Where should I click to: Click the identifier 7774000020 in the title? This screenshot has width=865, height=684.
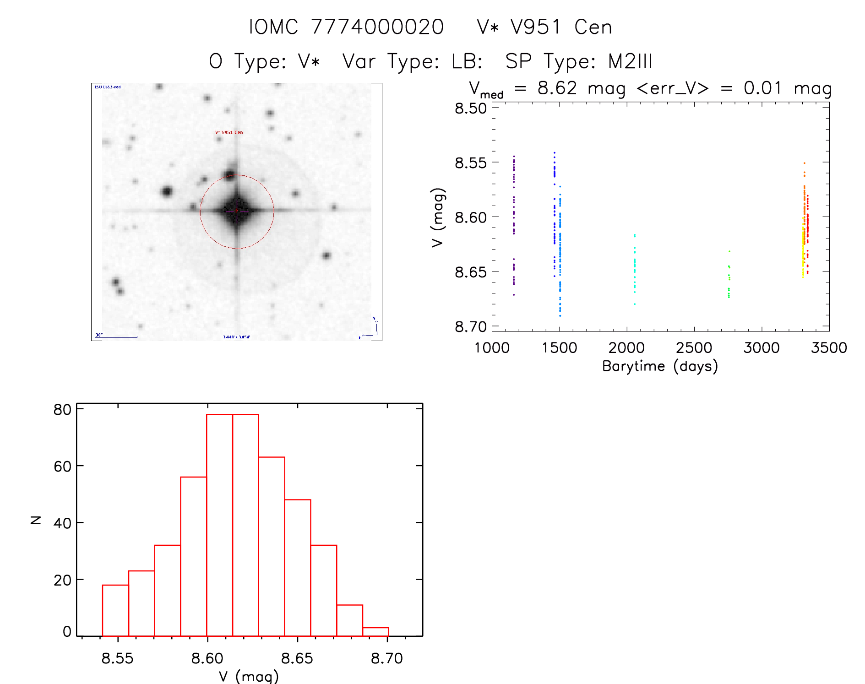[377, 27]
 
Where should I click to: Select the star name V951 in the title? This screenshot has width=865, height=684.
[535, 27]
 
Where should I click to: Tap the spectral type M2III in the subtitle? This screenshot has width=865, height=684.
[630, 61]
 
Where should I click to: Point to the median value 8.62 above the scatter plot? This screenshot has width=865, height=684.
[557, 88]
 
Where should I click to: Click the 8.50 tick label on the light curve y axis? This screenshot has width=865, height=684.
[470, 109]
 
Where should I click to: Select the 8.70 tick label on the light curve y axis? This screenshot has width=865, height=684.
[470, 326]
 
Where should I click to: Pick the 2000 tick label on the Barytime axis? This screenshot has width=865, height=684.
[626, 348]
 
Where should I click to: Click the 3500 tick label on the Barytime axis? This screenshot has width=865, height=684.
[829, 348]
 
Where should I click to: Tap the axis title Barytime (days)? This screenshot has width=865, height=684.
[660, 366]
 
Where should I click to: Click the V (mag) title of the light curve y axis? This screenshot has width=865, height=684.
[438, 217]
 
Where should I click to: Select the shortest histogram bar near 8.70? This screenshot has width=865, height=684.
[375, 632]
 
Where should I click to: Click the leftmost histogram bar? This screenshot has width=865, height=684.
[115, 610]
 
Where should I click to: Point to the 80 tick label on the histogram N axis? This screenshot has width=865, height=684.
[62, 409]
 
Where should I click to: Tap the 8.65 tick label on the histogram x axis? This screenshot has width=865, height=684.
[297, 658]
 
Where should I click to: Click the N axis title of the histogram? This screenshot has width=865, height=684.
[36, 520]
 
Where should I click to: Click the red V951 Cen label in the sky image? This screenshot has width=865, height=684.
[229, 132]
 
